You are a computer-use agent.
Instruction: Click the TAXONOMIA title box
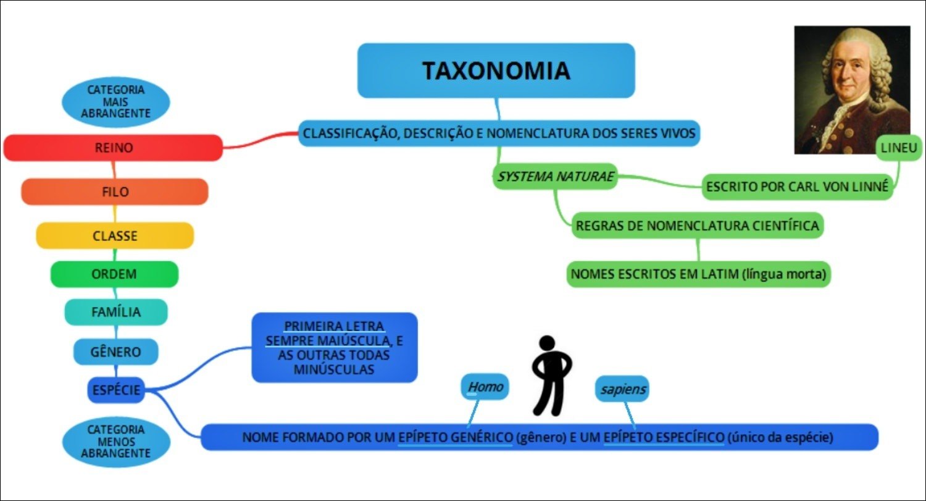(496, 70)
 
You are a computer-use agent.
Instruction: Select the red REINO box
(113, 148)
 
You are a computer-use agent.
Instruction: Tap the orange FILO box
(115, 192)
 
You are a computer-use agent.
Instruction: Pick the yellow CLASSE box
(115, 236)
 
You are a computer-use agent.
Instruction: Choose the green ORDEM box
(114, 274)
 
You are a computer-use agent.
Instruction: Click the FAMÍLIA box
(116, 312)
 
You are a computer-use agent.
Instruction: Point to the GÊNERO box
(116, 352)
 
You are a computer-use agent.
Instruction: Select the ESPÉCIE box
(116, 390)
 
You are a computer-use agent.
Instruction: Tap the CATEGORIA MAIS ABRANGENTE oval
(115, 102)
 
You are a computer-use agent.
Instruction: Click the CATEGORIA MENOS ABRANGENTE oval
(115, 441)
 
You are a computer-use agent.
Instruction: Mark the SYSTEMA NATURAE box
(556, 177)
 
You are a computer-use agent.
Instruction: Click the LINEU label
(899, 148)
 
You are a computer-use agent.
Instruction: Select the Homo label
(485, 387)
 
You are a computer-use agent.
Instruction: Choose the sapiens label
(622, 389)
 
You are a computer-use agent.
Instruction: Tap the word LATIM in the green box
(718, 274)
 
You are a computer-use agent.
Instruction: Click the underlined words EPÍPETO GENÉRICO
(455, 437)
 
